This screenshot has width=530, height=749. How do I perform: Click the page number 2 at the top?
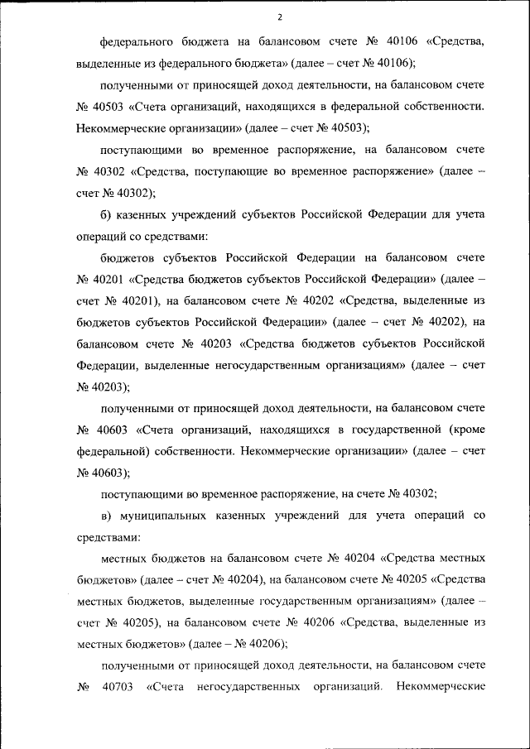280,17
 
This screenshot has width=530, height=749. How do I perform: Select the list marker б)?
106,214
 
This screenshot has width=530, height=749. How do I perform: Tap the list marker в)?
106,516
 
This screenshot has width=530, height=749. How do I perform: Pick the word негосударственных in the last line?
248,686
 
